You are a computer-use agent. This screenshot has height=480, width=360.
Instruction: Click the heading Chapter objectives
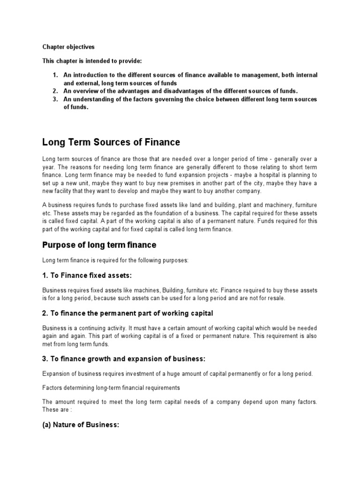(68, 47)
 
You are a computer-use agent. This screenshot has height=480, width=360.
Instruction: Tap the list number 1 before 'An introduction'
(54, 75)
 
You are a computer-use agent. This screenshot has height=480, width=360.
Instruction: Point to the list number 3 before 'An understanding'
(54, 99)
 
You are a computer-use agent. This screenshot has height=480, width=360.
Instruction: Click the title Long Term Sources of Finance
(111, 142)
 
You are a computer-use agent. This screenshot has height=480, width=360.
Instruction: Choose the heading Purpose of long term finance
(99, 245)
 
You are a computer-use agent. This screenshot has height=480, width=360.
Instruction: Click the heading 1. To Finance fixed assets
(91, 275)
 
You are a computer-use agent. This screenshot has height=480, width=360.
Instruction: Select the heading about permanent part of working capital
(127, 313)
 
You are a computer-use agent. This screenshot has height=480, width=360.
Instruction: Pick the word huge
(176, 374)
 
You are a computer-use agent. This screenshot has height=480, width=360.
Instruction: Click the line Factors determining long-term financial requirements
(111, 388)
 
